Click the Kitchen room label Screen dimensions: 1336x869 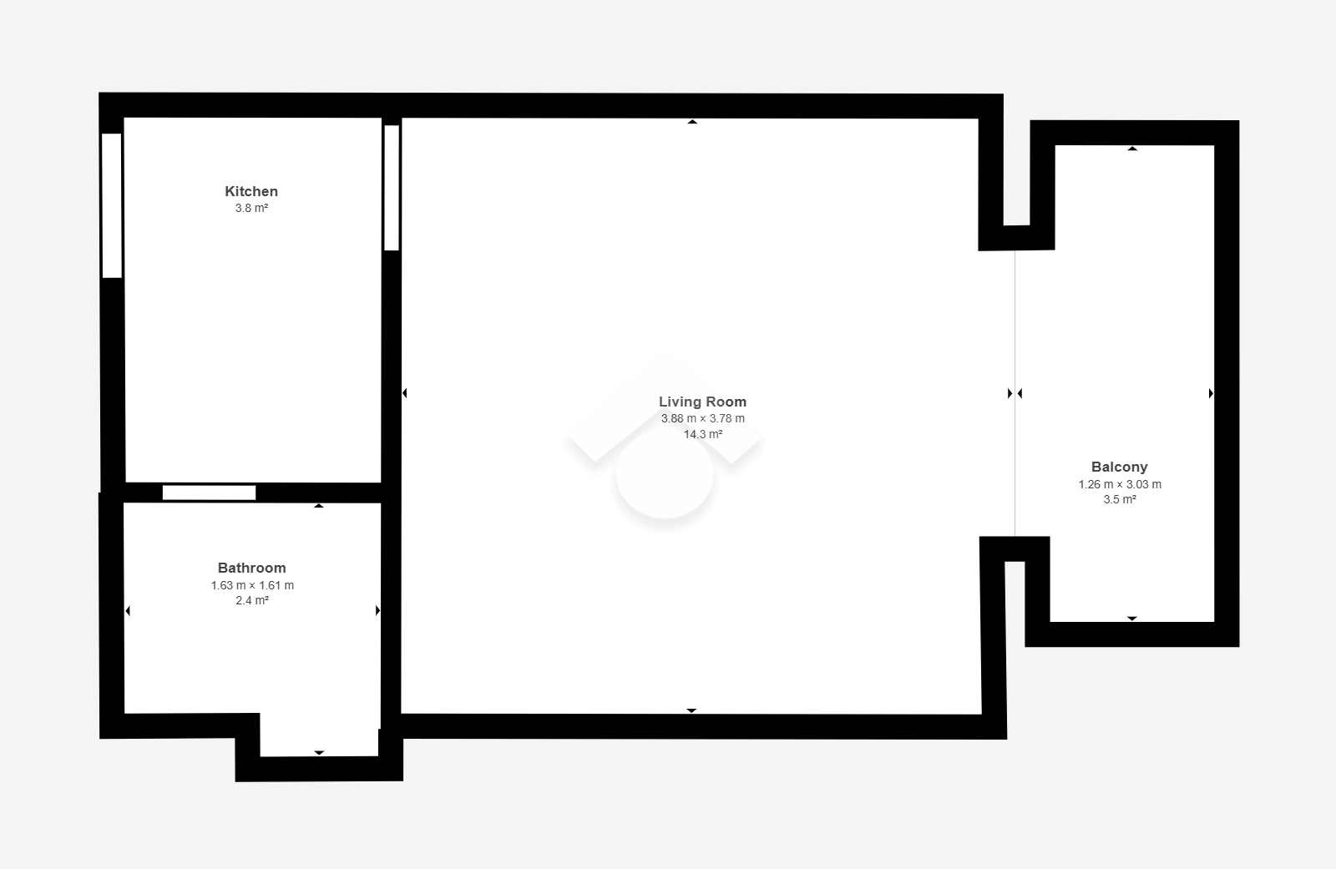[251, 191]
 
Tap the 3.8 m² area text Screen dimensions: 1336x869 [251, 208]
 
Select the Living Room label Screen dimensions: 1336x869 [702, 402]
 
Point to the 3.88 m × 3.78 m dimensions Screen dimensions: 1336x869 [702, 419]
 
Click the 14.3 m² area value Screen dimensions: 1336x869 [702, 434]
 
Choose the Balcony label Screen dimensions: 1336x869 [1120, 467]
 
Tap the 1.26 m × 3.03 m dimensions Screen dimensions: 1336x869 [1120, 484]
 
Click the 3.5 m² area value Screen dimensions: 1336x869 [1120, 499]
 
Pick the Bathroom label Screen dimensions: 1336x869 [251, 568]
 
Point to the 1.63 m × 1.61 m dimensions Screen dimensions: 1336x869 [251, 585]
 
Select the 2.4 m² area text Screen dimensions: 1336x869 [251, 600]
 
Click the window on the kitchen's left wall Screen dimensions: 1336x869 [112, 205]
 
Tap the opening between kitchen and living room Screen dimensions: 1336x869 [392, 188]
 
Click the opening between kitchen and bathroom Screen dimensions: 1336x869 [210, 493]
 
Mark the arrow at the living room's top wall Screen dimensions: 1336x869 [692, 122]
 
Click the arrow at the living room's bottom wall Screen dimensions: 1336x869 [691, 711]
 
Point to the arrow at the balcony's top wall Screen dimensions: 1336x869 [1132, 149]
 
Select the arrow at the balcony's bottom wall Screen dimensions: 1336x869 [1132, 619]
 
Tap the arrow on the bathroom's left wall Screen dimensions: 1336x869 [128, 610]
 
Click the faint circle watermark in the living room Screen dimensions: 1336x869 [665, 473]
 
